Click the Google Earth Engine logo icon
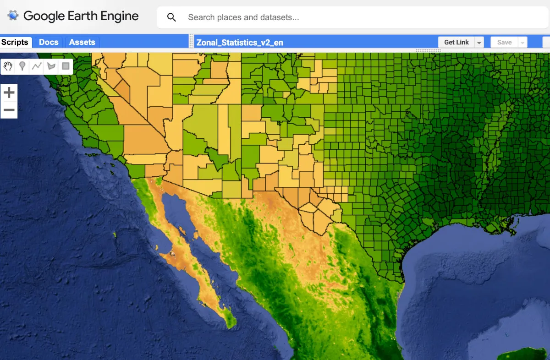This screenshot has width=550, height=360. (13, 16)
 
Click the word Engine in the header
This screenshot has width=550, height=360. (120, 16)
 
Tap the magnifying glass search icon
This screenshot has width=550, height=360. (171, 17)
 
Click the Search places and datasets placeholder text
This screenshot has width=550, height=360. (243, 17)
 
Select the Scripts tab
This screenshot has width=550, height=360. (15, 42)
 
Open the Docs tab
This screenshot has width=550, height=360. (49, 42)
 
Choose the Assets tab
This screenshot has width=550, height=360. (82, 42)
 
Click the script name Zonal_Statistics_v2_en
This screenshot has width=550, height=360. (240, 43)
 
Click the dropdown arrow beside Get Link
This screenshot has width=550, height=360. (479, 43)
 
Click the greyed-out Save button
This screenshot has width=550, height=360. (504, 43)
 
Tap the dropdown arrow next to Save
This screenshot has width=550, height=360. (522, 43)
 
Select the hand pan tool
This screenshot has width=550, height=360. (8, 66)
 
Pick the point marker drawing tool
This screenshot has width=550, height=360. (22, 66)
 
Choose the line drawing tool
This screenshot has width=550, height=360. (37, 66)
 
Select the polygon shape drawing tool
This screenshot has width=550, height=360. (51, 66)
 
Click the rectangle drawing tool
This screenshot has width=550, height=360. (66, 66)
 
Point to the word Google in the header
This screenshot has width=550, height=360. (44, 16)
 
